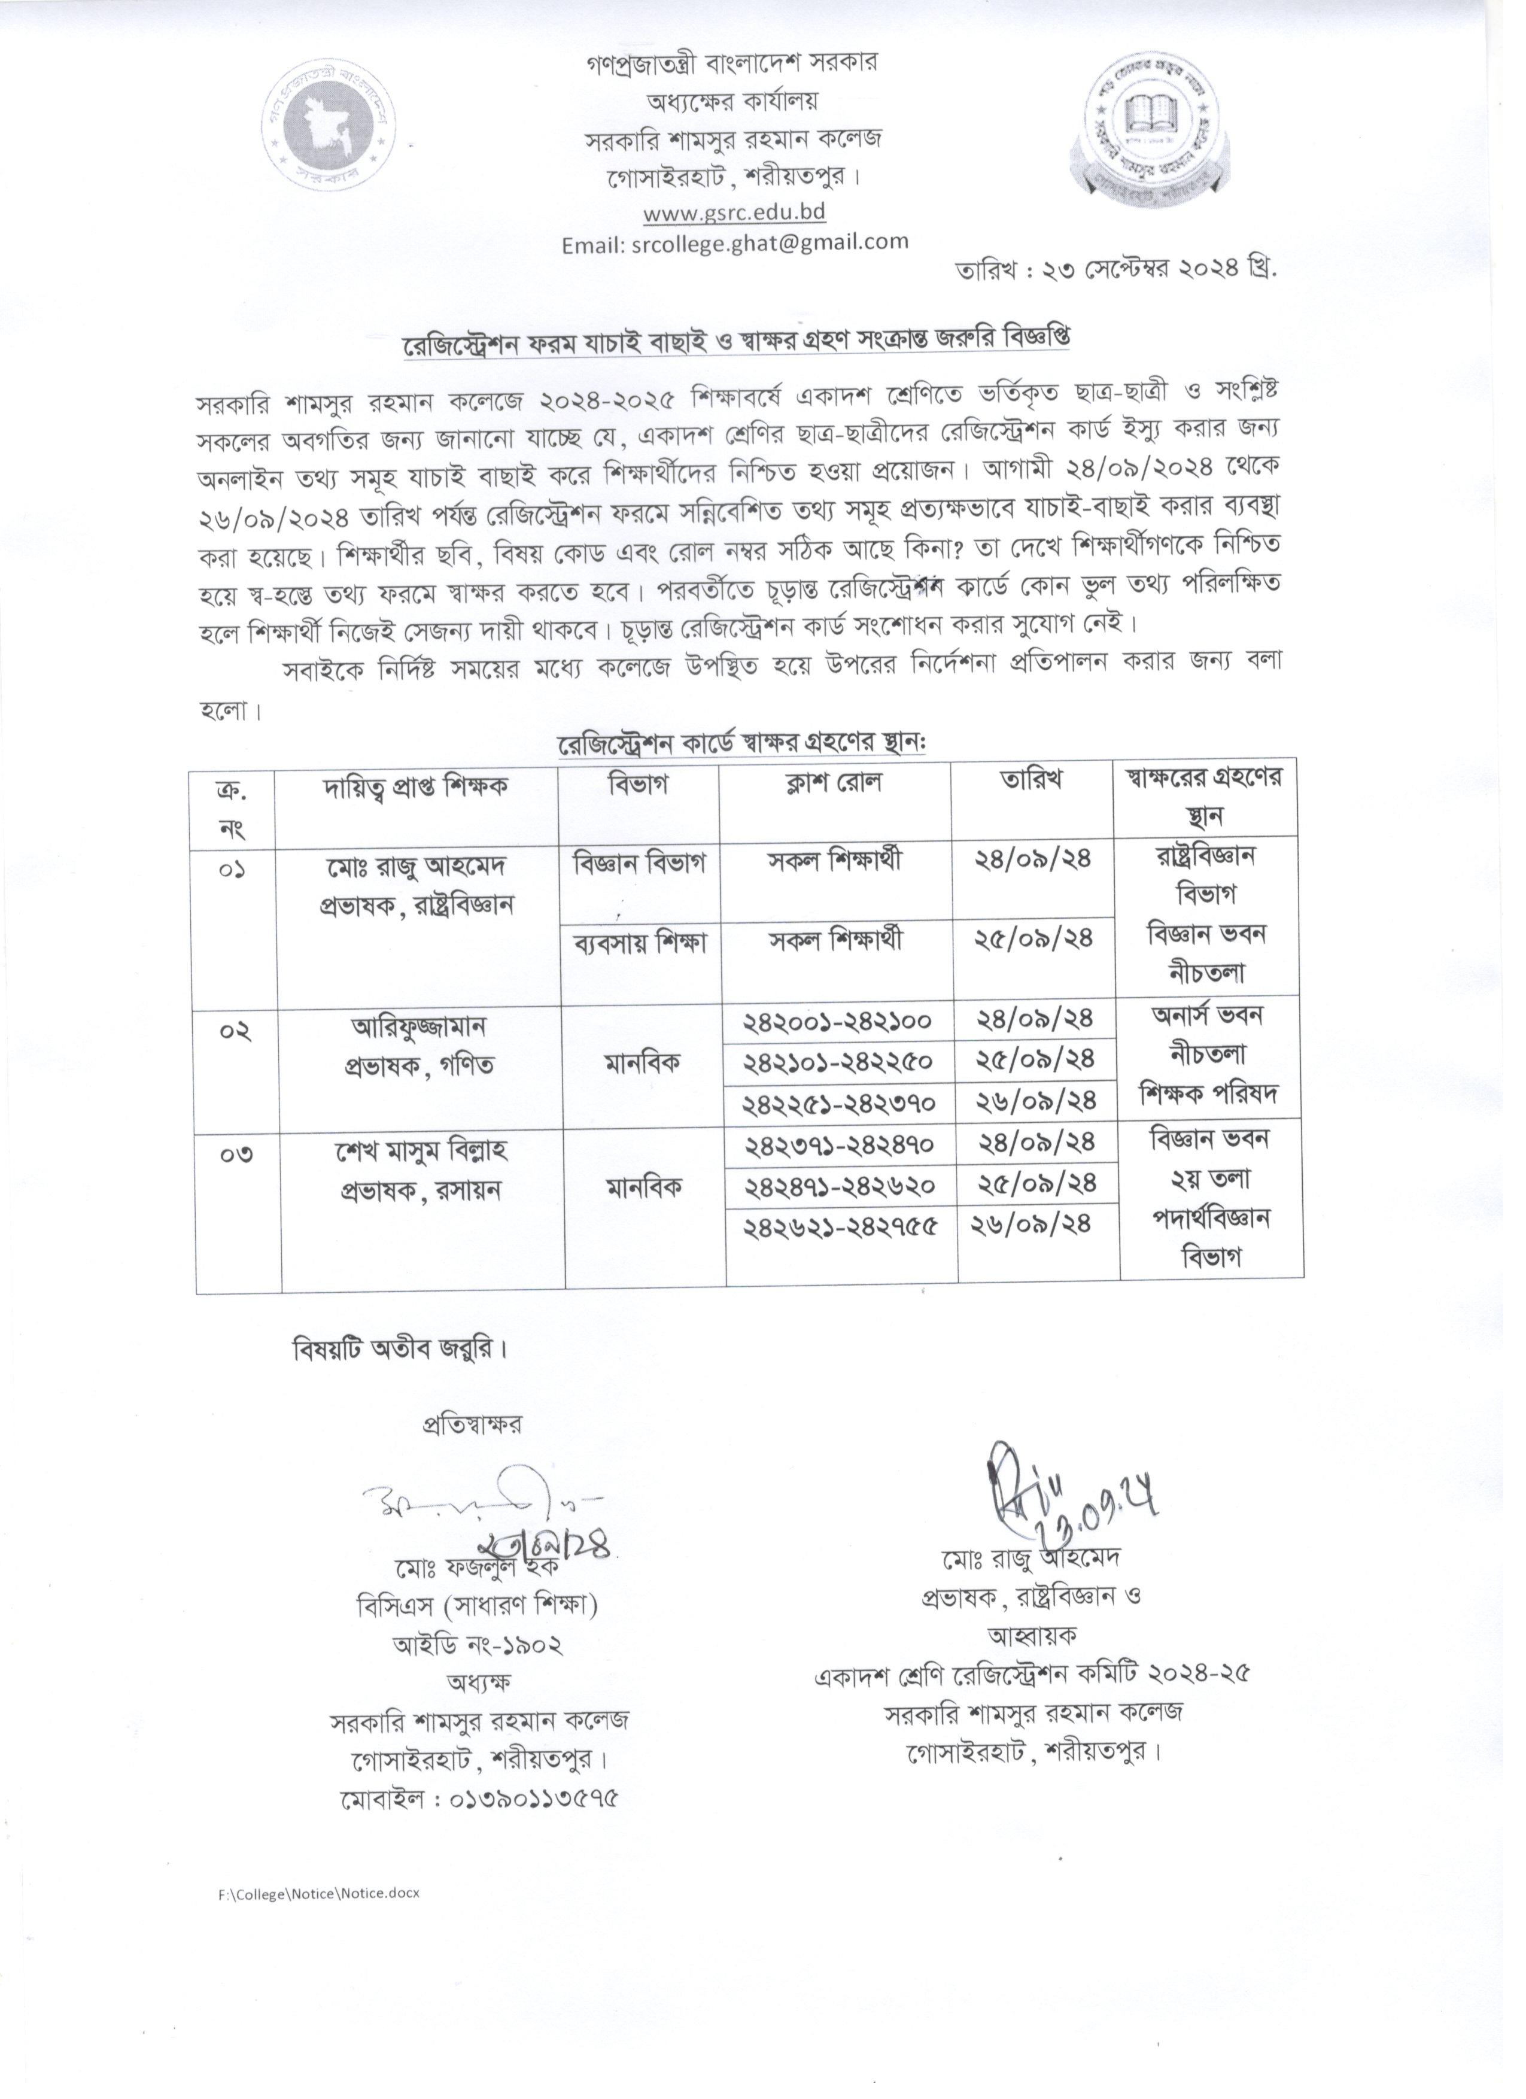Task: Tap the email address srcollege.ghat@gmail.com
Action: pos(735,242)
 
